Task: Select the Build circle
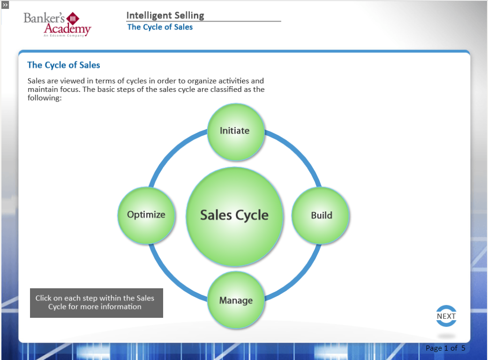pyautogui.click(x=321, y=215)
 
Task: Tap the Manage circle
pyautogui.click(x=236, y=300)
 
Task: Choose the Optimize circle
pyautogui.click(x=146, y=215)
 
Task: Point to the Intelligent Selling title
pyautogui.click(x=165, y=15)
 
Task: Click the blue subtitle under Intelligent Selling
pyautogui.click(x=160, y=27)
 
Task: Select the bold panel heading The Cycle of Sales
pyautogui.click(x=64, y=65)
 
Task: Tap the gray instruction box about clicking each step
pyautogui.click(x=96, y=303)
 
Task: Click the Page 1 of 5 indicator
pyautogui.click(x=445, y=348)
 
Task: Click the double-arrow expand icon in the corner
pyautogui.click(x=5, y=4)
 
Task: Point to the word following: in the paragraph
pyautogui.click(x=45, y=98)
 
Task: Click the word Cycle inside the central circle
pyautogui.click(x=252, y=215)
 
